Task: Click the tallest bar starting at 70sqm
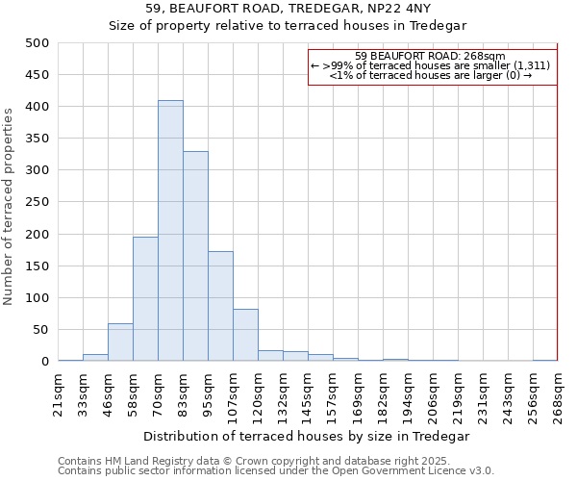(170, 231)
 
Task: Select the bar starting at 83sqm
(195, 256)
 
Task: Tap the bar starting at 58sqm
(145, 298)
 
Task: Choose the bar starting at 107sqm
(245, 335)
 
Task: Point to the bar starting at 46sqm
(120, 342)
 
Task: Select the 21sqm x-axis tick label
(59, 392)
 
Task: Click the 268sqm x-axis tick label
(558, 394)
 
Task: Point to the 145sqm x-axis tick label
(308, 394)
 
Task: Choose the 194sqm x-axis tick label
(408, 394)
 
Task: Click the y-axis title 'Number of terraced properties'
(10, 206)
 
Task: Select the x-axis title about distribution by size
(307, 436)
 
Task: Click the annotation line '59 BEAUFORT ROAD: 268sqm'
(430, 56)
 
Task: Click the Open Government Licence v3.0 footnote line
(275, 470)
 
